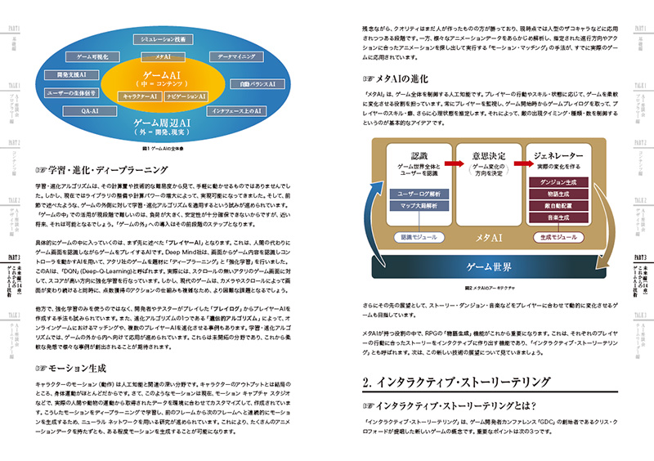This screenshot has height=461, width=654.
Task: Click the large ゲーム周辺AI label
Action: point(163,123)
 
